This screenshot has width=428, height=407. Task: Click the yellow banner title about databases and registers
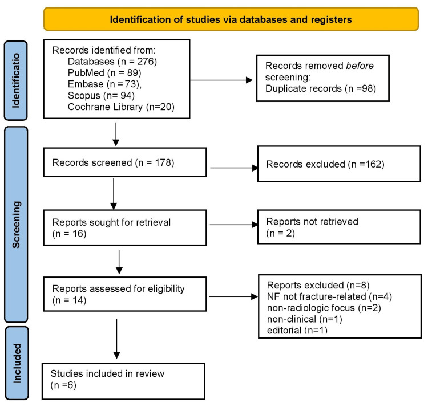pos(231,19)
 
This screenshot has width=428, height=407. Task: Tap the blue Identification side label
pos(16,80)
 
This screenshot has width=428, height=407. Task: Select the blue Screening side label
pos(16,225)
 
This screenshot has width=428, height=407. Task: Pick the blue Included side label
pos(17,363)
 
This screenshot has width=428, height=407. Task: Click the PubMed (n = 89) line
pos(104,73)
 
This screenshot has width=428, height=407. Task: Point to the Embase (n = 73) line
pos(105,84)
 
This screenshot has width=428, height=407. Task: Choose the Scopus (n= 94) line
pos(101,95)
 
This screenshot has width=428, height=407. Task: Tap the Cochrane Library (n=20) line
pos(121,107)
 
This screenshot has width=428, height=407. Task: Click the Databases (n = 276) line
pos(112,62)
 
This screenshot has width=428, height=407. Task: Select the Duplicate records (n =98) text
pos(321,88)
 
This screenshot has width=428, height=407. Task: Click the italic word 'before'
pos(360,66)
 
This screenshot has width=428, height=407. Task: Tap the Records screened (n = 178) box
pos(125,162)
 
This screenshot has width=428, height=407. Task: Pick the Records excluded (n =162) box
pos(339,164)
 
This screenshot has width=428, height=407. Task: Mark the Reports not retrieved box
pos(339,227)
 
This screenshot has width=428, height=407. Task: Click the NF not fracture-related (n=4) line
pos(329,296)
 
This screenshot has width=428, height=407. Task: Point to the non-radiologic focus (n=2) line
pos(324,308)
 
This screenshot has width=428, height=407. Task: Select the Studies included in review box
pos(123,381)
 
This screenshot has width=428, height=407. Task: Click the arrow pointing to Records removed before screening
pos(221,80)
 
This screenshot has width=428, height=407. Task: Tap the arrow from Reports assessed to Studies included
pos(116,339)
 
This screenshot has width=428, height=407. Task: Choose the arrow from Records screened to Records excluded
pos(234,168)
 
